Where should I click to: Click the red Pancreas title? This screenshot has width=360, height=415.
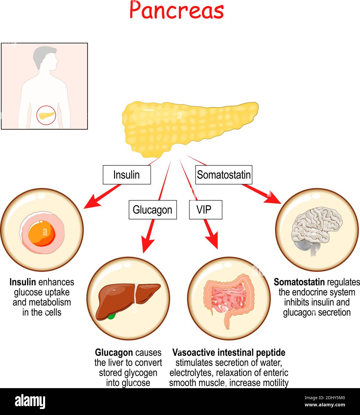[x=177, y=11]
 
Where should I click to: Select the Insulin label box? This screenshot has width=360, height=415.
[x=127, y=175]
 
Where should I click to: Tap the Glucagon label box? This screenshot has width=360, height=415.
[x=152, y=210]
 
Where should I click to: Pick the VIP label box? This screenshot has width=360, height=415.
[x=205, y=210]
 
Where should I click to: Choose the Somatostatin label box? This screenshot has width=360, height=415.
[x=223, y=175]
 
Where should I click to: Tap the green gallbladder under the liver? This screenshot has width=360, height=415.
[x=111, y=316]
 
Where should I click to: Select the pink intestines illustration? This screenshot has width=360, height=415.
[x=229, y=299]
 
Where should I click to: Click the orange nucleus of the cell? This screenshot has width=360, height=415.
[x=42, y=233]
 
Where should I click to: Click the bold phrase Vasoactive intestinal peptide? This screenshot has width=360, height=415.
[x=229, y=353]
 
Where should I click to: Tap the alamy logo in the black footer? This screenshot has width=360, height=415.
[x=30, y=401]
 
